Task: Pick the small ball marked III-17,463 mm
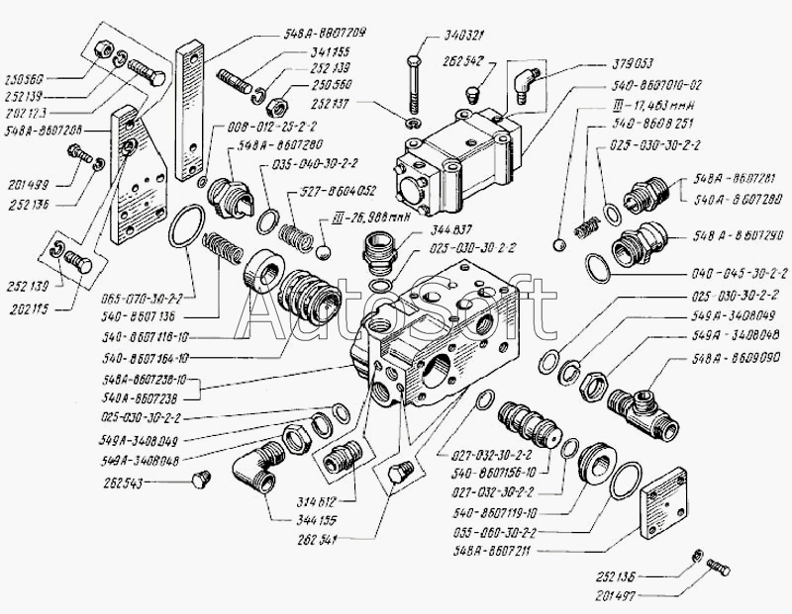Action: point(560,242)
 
